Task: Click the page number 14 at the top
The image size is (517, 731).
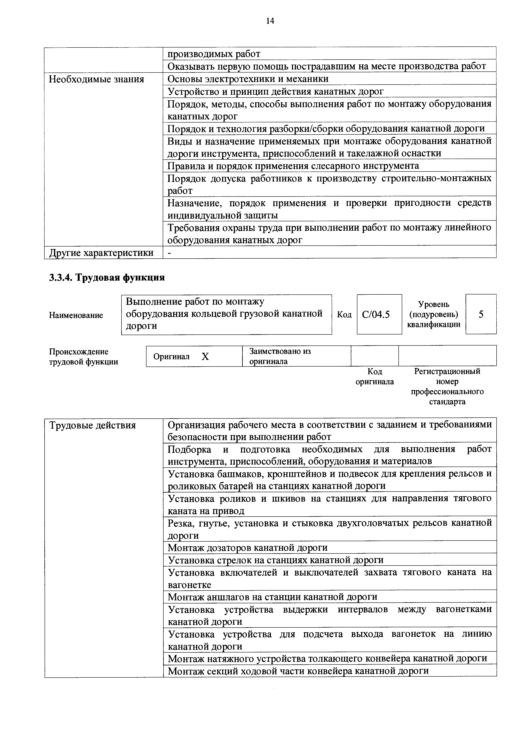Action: point(270,21)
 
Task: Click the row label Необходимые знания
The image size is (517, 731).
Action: point(96,79)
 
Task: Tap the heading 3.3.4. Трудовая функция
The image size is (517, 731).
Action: point(107,278)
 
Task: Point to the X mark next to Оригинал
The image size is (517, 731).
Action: point(205,357)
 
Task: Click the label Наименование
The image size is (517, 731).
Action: point(76,315)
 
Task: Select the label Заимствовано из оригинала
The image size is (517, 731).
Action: point(280,356)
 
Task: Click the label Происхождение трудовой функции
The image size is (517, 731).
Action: point(83,357)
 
